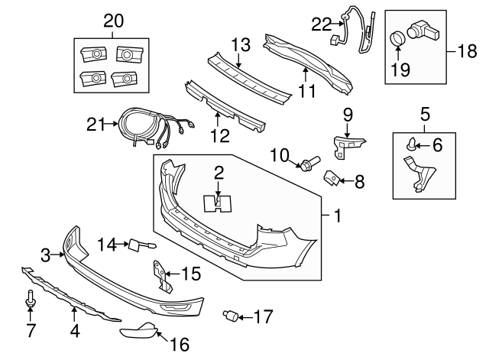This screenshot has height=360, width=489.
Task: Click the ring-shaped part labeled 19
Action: (x=398, y=38)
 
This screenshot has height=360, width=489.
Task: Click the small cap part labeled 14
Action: (x=136, y=245)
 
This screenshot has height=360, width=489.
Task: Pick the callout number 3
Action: (x=45, y=254)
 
